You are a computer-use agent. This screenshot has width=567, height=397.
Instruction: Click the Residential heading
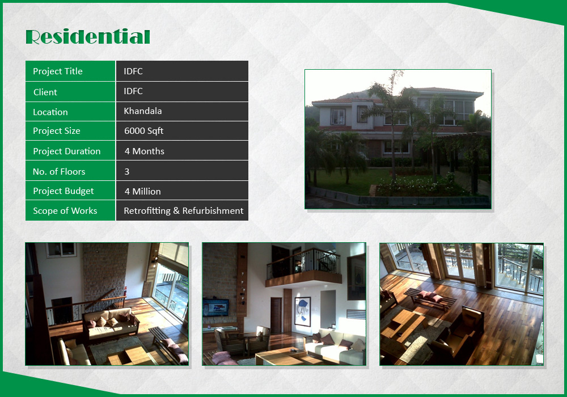click(88, 37)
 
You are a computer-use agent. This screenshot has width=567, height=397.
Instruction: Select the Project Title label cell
click(70, 71)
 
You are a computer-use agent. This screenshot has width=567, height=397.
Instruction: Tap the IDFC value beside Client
click(133, 91)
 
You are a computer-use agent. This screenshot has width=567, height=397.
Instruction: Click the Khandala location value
click(142, 111)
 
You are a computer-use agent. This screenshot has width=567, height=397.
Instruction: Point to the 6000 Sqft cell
click(182, 131)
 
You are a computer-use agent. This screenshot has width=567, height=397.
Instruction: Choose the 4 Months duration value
click(144, 151)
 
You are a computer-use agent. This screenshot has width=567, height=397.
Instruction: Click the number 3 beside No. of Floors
click(127, 171)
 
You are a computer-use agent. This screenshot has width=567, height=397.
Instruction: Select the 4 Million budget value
click(142, 191)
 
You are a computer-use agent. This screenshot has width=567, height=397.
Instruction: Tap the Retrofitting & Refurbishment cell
click(182, 210)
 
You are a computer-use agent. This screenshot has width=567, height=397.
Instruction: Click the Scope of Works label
click(65, 211)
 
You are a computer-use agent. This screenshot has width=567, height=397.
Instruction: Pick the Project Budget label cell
click(70, 191)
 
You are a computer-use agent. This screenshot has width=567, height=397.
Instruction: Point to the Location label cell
click(70, 112)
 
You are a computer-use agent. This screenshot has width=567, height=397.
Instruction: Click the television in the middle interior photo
click(215, 308)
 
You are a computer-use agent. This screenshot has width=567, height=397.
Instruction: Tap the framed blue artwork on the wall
click(303, 311)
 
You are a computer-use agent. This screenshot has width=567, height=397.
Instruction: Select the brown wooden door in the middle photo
click(276, 315)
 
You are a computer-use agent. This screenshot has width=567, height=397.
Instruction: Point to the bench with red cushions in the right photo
click(430, 299)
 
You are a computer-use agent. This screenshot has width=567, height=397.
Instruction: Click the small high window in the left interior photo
click(61, 250)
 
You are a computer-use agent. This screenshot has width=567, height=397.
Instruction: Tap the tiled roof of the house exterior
click(398, 95)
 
